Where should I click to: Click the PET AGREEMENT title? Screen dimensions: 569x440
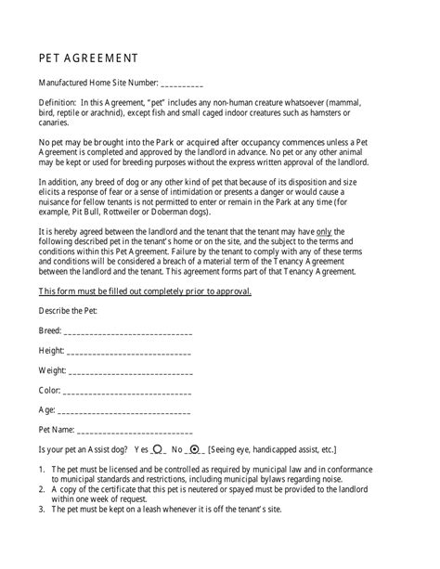pyautogui.click(x=90, y=56)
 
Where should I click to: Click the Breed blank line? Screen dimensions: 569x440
pyautogui.click(x=128, y=331)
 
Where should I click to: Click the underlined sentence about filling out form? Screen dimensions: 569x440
pyautogui.click(x=145, y=291)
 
